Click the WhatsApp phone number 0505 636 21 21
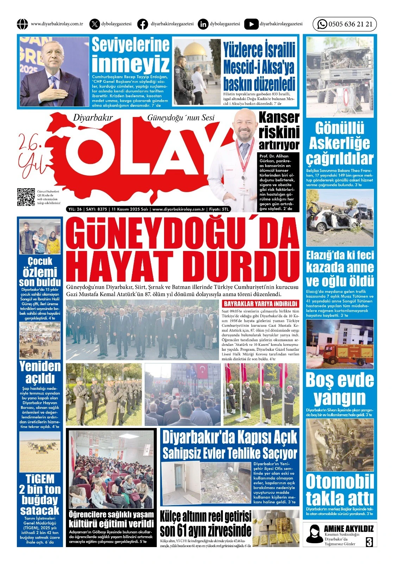[350, 24]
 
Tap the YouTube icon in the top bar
[251, 24]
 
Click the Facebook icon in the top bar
[143, 24]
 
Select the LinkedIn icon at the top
[203, 24]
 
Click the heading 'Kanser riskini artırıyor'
[279, 131]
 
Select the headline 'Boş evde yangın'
[340, 389]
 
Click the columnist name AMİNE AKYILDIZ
[349, 528]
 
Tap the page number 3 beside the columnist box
[369, 542]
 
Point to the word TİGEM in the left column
[40, 479]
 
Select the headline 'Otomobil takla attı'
[340, 490]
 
